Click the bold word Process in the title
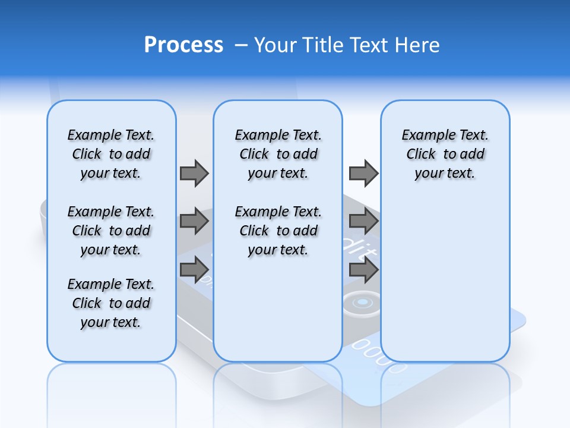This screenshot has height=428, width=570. tap(183, 45)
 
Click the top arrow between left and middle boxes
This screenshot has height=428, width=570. tap(194, 173)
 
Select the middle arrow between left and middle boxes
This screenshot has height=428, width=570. tap(194, 222)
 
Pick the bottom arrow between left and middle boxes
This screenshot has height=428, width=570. tap(194, 270)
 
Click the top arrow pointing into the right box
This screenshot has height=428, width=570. tap(363, 173)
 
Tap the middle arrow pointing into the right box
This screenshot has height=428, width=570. tap(363, 222)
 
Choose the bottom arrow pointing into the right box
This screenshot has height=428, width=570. tap(363, 270)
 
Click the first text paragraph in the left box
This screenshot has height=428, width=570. tap(111, 154)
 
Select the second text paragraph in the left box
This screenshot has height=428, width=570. tap(111, 231)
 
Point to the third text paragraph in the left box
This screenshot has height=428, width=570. tap(111, 303)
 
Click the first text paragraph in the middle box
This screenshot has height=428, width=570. tap(278, 154)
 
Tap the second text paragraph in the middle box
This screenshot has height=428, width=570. tap(278, 231)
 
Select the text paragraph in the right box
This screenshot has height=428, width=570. tap(445, 154)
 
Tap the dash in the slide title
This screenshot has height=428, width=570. tap(241, 45)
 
